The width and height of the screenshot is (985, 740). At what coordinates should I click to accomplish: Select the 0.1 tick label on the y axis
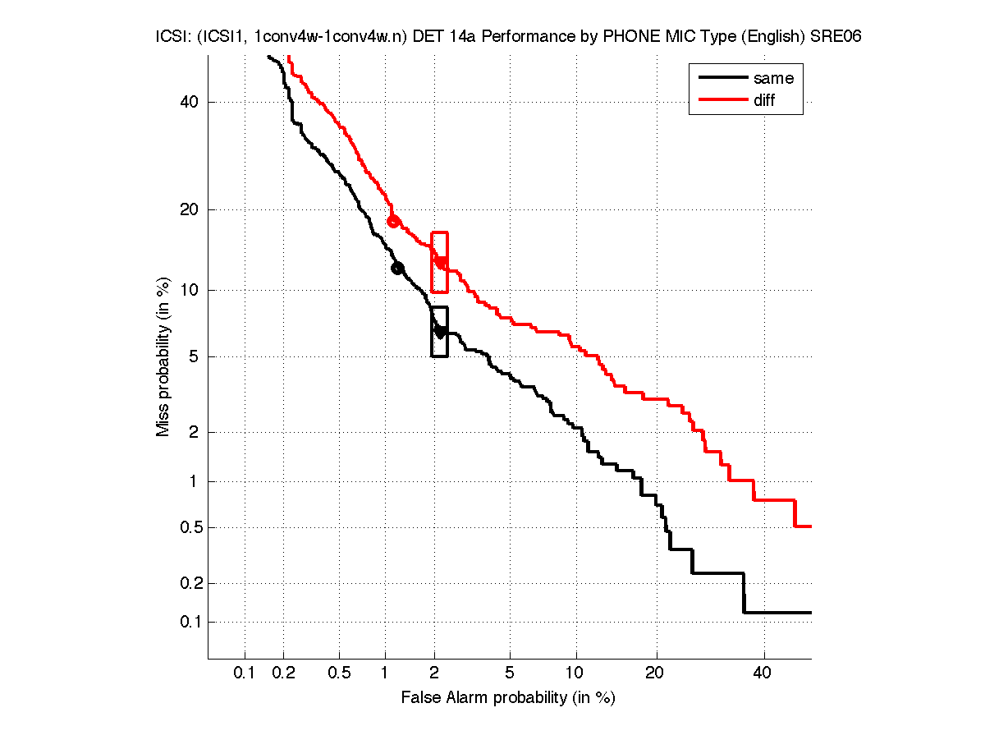191,622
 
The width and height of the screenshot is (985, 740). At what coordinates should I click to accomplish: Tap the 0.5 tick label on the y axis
191,527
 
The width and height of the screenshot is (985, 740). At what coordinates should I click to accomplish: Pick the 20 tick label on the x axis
654,673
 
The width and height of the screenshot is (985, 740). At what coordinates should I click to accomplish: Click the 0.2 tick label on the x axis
283,673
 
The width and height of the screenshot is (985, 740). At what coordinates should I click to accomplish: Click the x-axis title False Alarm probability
507,698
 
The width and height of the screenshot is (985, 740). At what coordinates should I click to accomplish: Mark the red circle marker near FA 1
393,221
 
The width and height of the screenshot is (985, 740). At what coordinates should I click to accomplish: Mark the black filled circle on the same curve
397,268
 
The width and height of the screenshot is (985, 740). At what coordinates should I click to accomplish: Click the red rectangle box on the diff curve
439,262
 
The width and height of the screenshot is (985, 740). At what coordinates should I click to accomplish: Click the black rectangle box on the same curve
439,332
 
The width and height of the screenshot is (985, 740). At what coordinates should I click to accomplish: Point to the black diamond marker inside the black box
440,332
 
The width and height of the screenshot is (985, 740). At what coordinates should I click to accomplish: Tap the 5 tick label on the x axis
510,673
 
